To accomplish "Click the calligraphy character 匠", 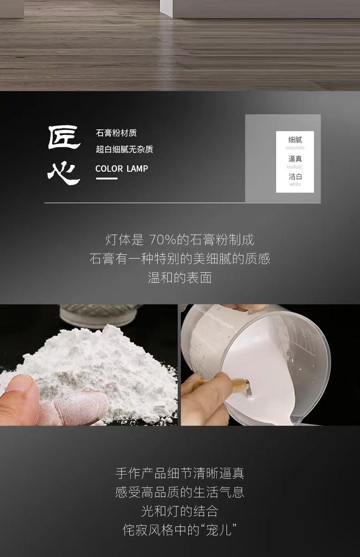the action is click(x=64, y=137).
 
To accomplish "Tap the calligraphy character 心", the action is click(x=64, y=172).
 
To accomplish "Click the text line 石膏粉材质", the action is click(x=116, y=133).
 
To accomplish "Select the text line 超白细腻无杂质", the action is click(x=124, y=149).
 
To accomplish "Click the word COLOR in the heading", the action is click(x=109, y=169).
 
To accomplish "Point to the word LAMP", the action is click(x=137, y=169).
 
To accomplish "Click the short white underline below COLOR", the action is click(x=107, y=178).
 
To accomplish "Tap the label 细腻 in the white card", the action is click(x=295, y=140).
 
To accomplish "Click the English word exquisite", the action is click(x=295, y=148).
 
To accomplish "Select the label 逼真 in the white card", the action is click(x=295, y=158).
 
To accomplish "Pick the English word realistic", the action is click(x=295, y=167).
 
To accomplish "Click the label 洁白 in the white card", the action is click(x=295, y=177).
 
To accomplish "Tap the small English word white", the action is click(x=295, y=184).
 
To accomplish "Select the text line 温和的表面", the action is click(x=180, y=278).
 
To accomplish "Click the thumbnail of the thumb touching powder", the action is click(x=89, y=365).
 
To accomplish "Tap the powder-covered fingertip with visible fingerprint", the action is click(x=75, y=407).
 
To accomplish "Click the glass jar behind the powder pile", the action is click(x=99, y=315).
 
